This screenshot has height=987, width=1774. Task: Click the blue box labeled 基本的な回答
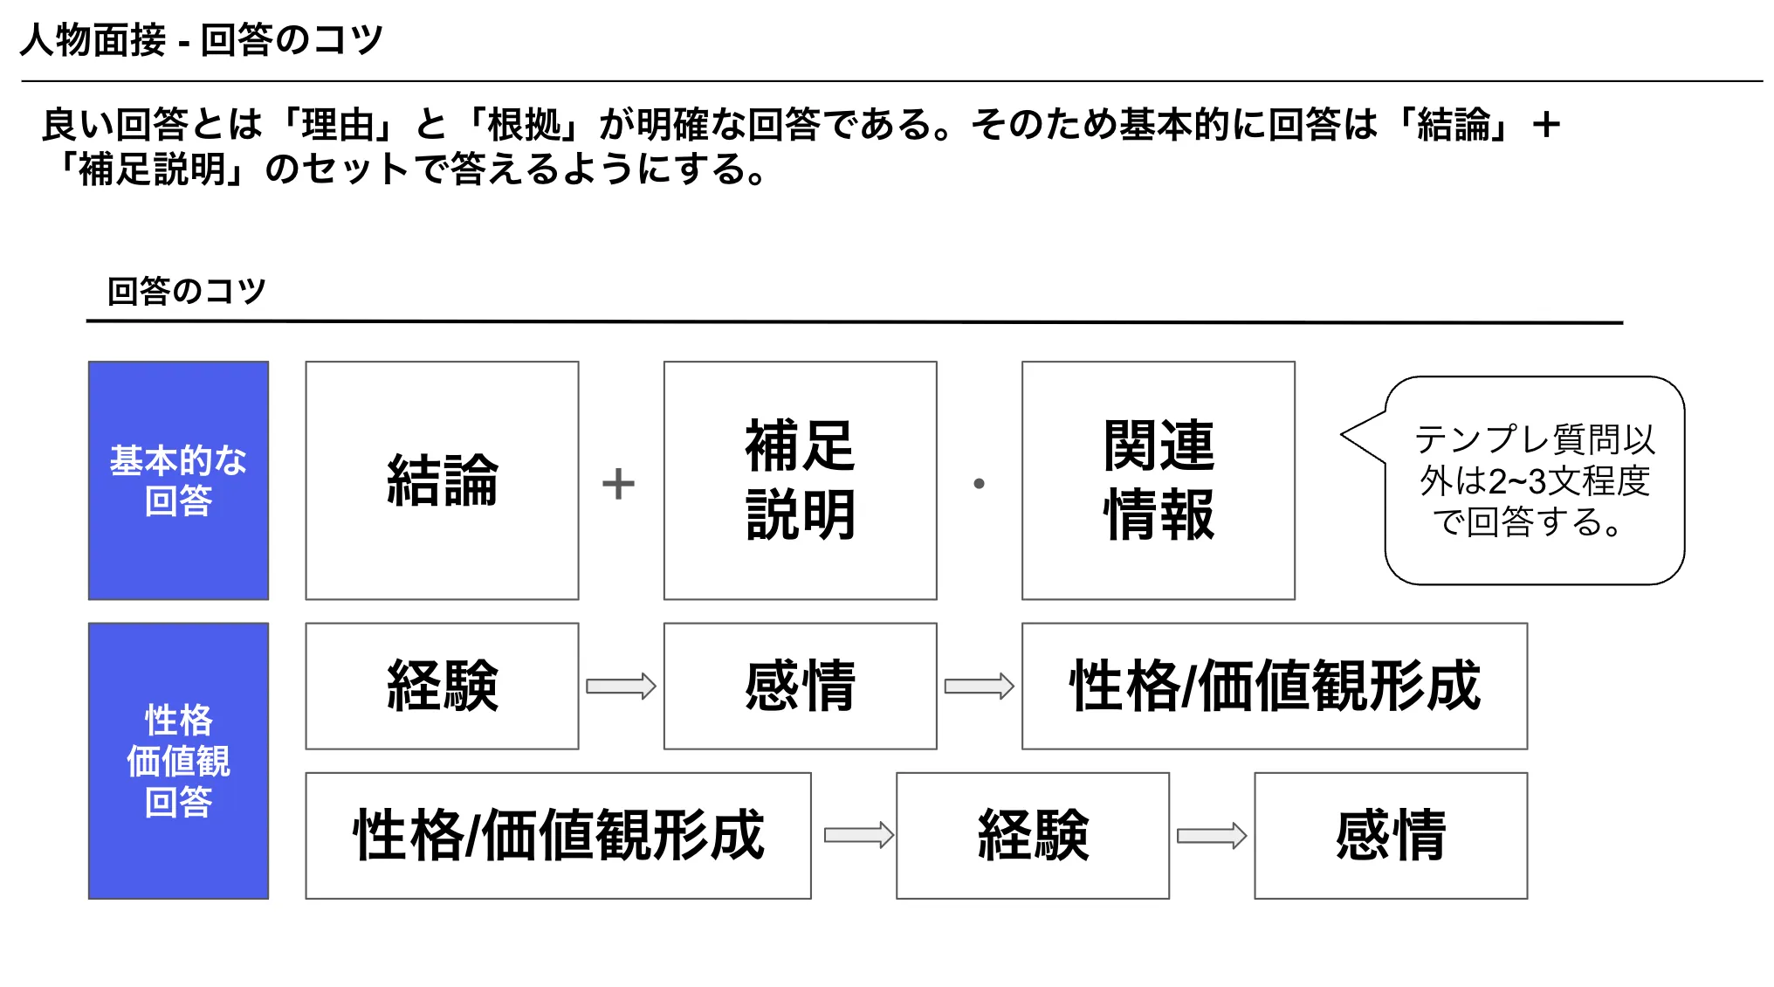pos(178,480)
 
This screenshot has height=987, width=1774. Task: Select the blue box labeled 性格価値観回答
pos(178,761)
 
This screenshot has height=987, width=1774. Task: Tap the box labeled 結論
pos(442,480)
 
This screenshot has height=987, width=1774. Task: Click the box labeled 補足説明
pos(800,480)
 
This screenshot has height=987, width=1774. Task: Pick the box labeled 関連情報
pos(1158,480)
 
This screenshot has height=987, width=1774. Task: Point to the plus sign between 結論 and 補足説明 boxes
pos(618,484)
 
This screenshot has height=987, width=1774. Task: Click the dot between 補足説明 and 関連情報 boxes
pos(979,483)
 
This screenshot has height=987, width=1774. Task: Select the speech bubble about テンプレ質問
pos(1534,480)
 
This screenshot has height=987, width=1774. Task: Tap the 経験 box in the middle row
pos(442,686)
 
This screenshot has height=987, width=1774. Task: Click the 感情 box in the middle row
pos(800,686)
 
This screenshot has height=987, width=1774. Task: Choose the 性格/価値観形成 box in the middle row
pos(1275,686)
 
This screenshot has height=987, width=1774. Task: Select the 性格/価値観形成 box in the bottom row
pos(558,835)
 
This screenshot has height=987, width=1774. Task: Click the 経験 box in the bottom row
pos(1032,835)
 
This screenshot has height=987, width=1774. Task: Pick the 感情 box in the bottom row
pos(1391,835)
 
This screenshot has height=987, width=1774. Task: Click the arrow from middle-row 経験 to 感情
pos(621,686)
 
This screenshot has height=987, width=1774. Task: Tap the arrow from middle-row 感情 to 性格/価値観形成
pos(979,686)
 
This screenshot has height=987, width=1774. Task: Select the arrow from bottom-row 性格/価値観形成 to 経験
pos(859,835)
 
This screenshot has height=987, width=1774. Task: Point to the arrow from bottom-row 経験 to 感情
pos(1212,835)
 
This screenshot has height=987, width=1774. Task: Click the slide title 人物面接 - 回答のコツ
pos(202,40)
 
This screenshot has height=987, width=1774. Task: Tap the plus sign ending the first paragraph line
pos(1546,124)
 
